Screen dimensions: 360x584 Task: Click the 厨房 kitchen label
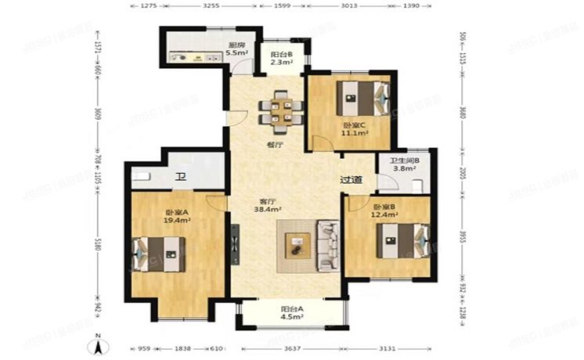click(236, 49)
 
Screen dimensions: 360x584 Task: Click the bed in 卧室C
click(362, 99)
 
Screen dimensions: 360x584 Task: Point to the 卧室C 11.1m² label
click(355, 129)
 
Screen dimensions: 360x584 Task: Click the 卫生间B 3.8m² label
click(406, 164)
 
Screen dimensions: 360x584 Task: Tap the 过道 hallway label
click(351, 180)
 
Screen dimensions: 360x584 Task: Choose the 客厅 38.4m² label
click(268, 205)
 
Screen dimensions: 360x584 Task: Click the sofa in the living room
click(327, 244)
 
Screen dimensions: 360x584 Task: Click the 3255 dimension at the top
click(211, 5)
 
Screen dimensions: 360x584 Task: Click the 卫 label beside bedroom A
click(180, 178)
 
